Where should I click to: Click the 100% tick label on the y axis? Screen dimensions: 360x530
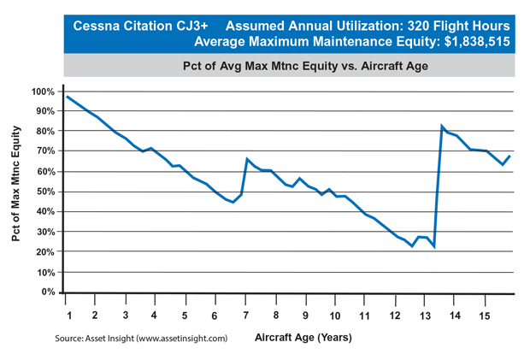[x=43, y=91]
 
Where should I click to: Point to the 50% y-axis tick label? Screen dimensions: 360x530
[x=44, y=192]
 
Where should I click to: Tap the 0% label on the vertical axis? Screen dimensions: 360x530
[x=47, y=292]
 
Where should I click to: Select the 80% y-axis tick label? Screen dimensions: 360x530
[x=44, y=132]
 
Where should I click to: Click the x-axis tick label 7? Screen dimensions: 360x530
[x=245, y=314]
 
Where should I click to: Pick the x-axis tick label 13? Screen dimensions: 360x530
[x=425, y=314]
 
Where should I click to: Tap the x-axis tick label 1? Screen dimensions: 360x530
[x=66, y=314]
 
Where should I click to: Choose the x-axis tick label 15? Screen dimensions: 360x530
[x=485, y=314]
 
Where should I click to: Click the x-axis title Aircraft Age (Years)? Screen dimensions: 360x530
[x=303, y=338]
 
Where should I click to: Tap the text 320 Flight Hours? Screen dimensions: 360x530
[x=462, y=27]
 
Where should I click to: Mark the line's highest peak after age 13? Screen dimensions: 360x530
[x=442, y=127]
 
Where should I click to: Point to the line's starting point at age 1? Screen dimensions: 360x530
[x=67, y=97]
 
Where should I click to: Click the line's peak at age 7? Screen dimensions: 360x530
[x=247, y=159]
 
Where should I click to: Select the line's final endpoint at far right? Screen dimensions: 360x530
[x=510, y=156]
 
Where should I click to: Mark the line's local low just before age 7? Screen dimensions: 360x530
[x=233, y=203]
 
